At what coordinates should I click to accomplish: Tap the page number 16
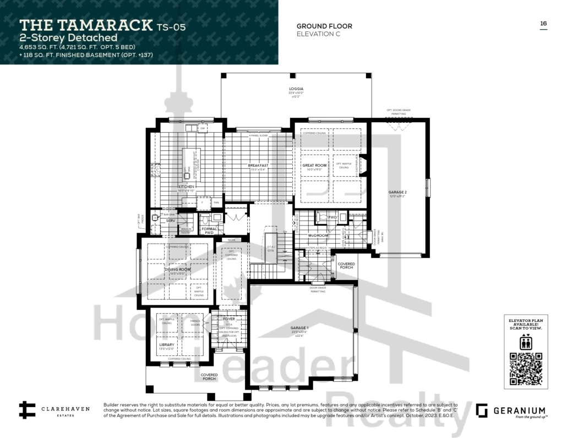coord(543,23)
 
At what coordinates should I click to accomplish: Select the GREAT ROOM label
coord(314,165)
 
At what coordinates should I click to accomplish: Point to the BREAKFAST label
coord(258,165)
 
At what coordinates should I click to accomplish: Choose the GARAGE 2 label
coord(397,193)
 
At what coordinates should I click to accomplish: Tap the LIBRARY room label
coord(167,345)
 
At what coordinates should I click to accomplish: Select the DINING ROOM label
coord(177,269)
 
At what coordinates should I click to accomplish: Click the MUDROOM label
coord(318,234)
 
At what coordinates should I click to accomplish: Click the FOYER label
coord(229,319)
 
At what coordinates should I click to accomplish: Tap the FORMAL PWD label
coord(209,231)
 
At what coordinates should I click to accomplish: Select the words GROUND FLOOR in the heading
coord(324,26)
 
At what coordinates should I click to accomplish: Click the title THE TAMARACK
coord(86,25)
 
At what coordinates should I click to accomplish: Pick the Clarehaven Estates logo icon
coord(27,410)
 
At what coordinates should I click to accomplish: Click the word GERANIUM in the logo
coord(519,410)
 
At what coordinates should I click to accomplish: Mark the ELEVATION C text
coord(318,34)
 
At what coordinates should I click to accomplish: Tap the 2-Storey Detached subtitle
coord(69,38)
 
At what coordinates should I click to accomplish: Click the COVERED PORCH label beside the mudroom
coord(346,266)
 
